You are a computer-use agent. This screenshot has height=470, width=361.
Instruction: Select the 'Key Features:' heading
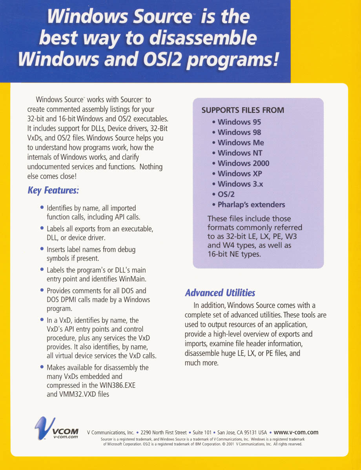(53, 191)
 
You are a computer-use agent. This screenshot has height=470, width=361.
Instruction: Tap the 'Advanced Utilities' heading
(220, 293)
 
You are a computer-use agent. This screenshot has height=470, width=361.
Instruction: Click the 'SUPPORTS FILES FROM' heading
(242, 110)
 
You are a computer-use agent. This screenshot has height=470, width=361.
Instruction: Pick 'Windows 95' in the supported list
(239, 122)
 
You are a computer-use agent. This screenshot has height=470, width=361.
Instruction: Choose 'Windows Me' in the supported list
(241, 143)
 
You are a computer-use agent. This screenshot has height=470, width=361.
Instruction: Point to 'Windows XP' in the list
(240, 173)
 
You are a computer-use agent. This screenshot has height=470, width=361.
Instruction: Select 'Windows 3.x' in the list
(240, 184)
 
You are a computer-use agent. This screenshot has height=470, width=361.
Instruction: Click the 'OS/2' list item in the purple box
(226, 194)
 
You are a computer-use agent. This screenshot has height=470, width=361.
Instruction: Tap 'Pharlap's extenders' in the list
(251, 204)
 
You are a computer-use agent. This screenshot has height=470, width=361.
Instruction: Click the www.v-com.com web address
(296, 432)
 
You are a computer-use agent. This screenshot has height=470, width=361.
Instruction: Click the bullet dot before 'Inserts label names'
(42, 249)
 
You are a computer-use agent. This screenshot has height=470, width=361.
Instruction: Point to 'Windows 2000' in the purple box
(243, 163)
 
